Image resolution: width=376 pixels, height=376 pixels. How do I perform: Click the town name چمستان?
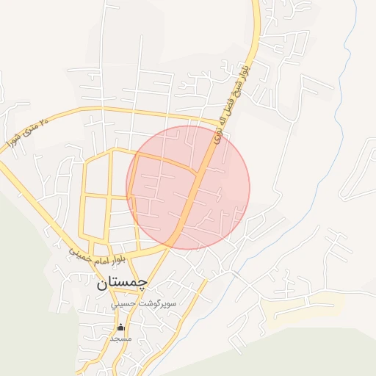click(x=122, y=281)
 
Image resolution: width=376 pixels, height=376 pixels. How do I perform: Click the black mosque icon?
click(x=121, y=327)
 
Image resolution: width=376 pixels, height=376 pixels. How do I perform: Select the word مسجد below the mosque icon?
click(x=120, y=339)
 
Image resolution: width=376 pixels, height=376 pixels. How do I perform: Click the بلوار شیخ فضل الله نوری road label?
click(x=230, y=103)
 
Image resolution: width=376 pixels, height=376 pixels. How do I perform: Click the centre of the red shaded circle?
click(x=188, y=187)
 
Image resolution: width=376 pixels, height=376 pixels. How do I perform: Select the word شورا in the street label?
click(x=13, y=140)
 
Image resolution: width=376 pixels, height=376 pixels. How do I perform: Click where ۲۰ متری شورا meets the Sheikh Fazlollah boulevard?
click(x=220, y=122)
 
